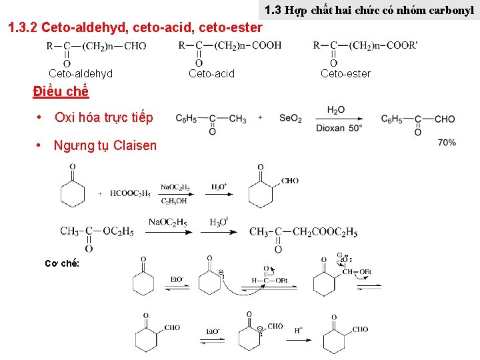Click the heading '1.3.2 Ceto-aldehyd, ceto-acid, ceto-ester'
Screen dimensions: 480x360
(134, 28)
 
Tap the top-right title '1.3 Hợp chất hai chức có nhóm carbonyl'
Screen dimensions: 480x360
(369, 10)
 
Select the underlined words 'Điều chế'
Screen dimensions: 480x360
(61, 91)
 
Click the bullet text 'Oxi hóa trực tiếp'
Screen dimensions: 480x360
(103, 118)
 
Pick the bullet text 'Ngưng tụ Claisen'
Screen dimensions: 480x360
(105, 145)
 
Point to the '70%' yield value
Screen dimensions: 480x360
(447, 143)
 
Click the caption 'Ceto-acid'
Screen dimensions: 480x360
(212, 73)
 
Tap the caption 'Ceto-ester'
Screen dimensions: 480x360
(345, 73)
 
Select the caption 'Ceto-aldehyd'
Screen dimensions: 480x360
(81, 73)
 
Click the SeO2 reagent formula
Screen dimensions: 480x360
(291, 119)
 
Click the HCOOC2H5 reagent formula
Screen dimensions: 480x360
(131, 193)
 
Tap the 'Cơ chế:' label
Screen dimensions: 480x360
(62, 263)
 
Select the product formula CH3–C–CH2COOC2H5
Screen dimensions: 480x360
(303, 233)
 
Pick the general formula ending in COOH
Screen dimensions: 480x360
(230, 47)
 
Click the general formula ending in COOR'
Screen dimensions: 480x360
(365, 47)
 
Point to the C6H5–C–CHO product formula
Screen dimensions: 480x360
(417, 120)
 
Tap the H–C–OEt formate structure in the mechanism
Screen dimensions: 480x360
(269, 280)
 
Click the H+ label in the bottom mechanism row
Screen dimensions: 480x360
(299, 330)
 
